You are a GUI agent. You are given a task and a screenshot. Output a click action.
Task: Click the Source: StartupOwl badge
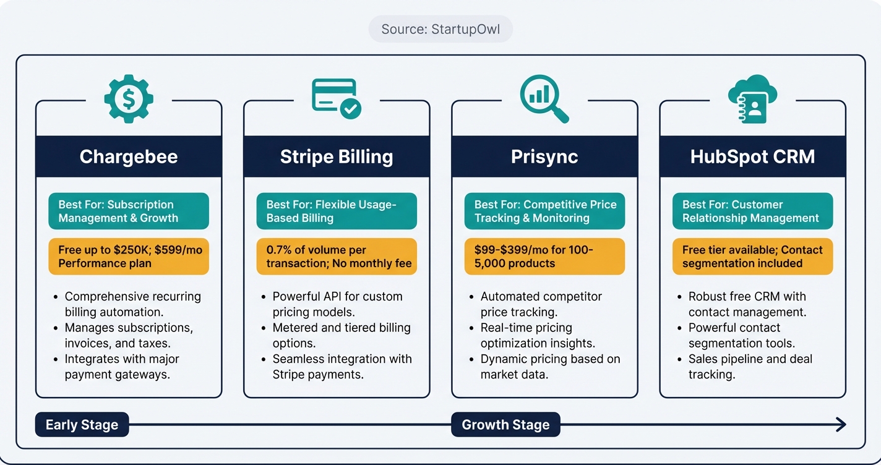click(x=440, y=29)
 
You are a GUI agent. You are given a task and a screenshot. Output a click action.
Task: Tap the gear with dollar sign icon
click(x=129, y=98)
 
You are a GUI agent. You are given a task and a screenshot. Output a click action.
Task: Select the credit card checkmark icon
click(x=337, y=98)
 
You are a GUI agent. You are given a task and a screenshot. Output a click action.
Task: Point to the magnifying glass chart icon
click(x=544, y=98)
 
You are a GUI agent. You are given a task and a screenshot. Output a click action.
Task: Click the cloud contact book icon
click(x=752, y=98)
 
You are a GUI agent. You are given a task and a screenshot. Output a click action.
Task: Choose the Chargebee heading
click(x=129, y=156)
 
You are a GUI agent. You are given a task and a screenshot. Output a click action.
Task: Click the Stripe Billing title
click(x=337, y=156)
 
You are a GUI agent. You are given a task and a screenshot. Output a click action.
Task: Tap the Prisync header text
click(x=544, y=156)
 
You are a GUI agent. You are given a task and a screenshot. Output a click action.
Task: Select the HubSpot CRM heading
click(x=752, y=156)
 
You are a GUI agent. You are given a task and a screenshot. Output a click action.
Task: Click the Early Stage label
click(x=82, y=425)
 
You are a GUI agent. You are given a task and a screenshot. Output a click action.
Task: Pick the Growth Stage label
click(x=505, y=425)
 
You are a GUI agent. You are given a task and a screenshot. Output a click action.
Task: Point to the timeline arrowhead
click(x=840, y=424)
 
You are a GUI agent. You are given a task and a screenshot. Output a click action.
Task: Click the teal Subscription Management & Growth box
click(x=129, y=211)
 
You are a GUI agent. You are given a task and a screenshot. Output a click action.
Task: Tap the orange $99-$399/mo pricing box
click(x=544, y=257)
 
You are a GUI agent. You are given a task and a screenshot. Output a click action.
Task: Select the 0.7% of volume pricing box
click(x=337, y=257)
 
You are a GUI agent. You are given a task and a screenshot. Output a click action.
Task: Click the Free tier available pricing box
click(x=752, y=257)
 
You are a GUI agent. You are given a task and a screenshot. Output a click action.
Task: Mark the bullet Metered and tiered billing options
click(x=342, y=335)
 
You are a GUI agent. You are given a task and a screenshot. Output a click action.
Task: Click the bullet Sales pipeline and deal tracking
click(x=750, y=367)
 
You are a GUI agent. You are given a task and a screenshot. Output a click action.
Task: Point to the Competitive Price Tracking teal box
click(x=544, y=211)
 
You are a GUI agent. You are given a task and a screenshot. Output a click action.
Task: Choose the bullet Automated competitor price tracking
click(x=540, y=304)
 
